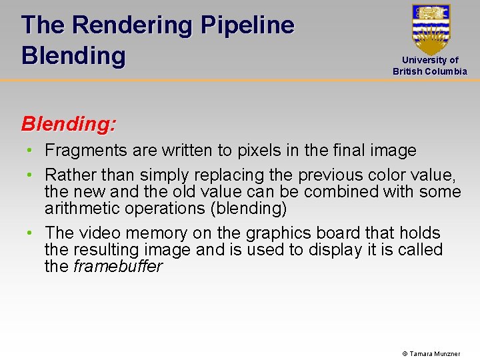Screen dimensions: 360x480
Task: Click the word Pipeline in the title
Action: (x=247, y=25)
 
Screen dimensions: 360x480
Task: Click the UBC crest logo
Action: (x=431, y=29)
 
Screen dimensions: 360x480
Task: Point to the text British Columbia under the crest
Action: (x=430, y=71)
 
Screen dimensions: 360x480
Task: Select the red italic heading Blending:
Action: (x=69, y=124)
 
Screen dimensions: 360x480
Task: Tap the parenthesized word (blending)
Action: (x=247, y=209)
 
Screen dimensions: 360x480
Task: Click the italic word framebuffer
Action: (x=118, y=267)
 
